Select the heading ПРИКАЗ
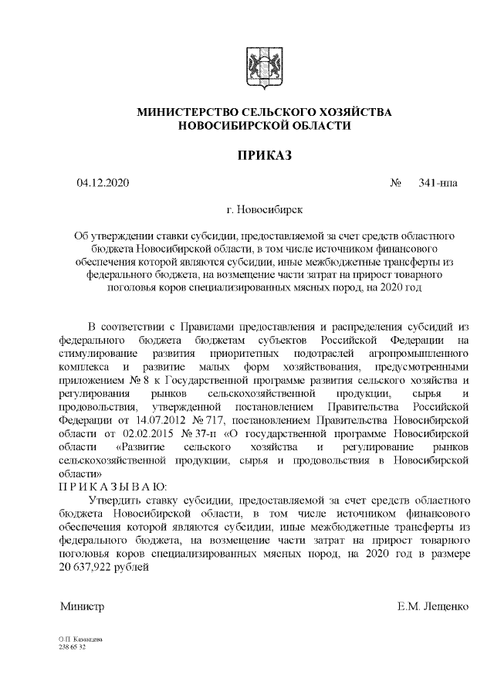click(x=264, y=157)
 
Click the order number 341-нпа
click(x=437, y=183)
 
